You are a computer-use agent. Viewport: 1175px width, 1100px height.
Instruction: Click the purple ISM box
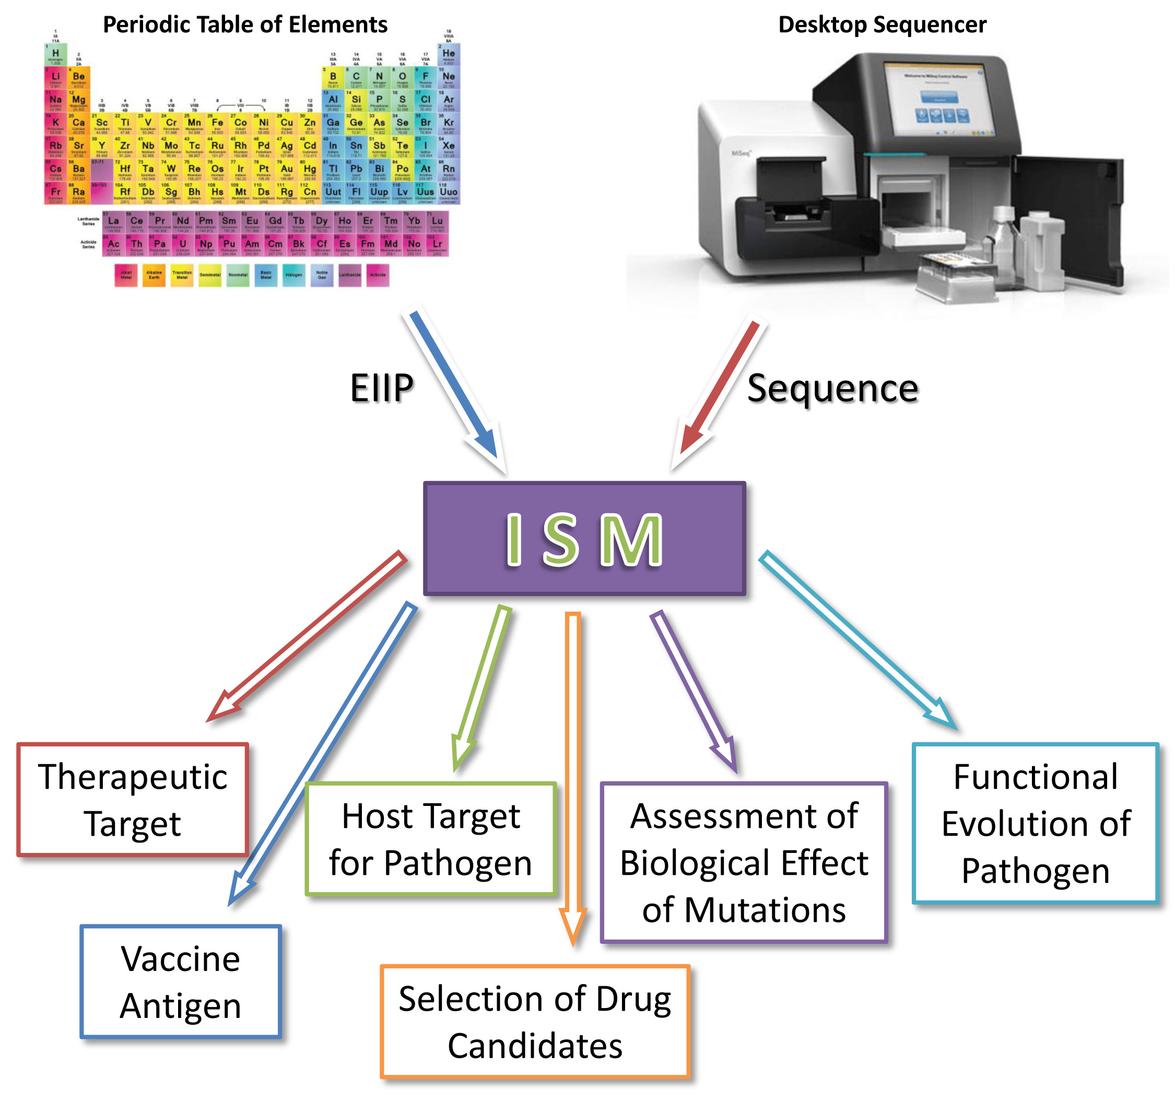[x=584, y=538]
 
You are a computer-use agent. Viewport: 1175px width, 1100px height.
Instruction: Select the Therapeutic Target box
[x=133, y=799]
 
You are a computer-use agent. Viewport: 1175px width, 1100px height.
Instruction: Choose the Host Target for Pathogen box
[x=431, y=839]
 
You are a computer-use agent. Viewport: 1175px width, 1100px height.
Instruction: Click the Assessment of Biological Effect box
[x=744, y=862]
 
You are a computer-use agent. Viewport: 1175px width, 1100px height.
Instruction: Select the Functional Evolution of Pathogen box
[x=1035, y=823]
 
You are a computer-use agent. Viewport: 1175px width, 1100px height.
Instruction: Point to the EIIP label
[x=381, y=388]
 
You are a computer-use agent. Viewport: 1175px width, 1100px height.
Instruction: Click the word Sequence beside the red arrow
[x=832, y=388]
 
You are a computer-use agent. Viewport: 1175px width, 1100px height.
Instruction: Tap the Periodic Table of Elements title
[x=245, y=25]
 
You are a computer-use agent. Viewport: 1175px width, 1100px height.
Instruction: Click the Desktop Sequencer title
[x=882, y=25]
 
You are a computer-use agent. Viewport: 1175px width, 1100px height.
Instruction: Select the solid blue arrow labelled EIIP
[x=454, y=387]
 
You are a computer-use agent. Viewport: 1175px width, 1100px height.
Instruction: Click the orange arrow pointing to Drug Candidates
[x=573, y=768]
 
